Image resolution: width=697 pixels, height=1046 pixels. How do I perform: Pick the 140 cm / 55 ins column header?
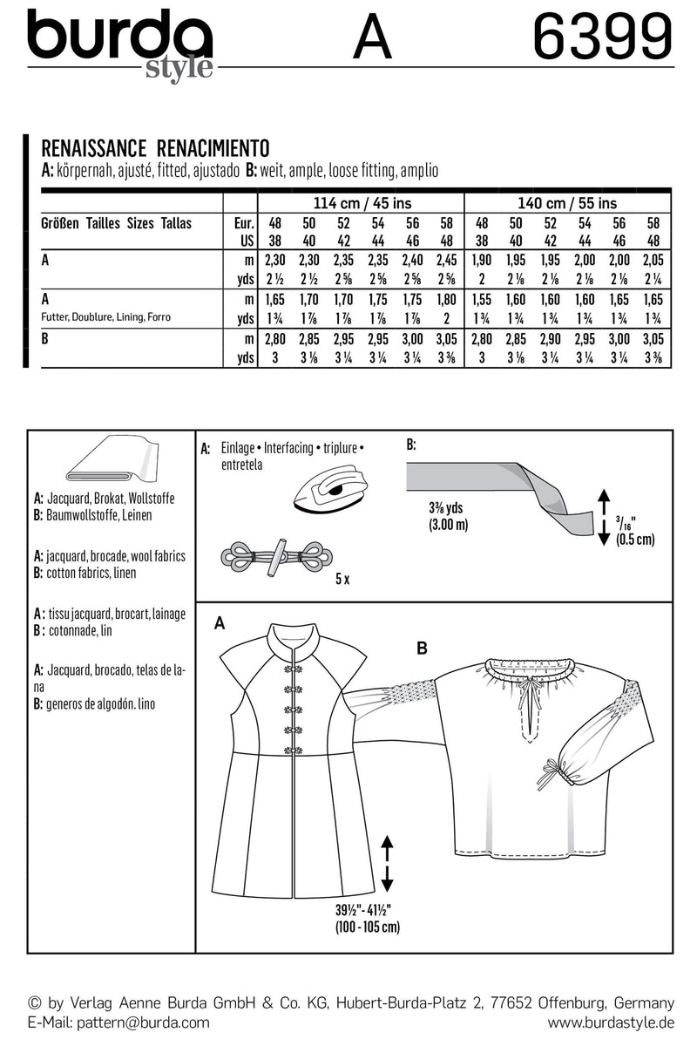(x=572, y=203)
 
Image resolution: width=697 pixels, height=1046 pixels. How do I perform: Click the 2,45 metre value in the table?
(x=445, y=260)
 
